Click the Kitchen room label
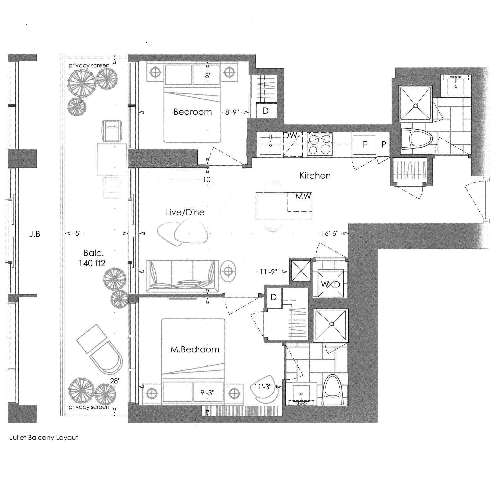[315, 176]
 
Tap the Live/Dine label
[185, 212]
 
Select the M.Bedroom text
[195, 350]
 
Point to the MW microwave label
[303, 196]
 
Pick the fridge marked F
[365, 144]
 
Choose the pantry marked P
[383, 144]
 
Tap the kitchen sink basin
[270, 146]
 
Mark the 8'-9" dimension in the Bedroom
[232, 112]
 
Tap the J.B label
[35, 234]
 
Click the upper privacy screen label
[89, 65]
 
